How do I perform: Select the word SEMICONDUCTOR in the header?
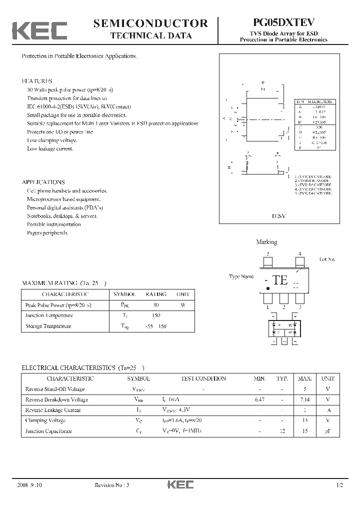tap(150, 23)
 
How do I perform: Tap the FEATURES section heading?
tap(37, 81)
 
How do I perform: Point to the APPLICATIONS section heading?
tap(43, 182)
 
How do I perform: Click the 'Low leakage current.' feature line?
tap(50, 148)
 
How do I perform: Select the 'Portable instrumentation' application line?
tap(53, 224)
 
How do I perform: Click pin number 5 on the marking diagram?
tap(268, 254)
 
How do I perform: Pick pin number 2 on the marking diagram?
tap(283, 307)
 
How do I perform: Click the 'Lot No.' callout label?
tap(327, 259)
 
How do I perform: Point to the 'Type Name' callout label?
tap(241, 276)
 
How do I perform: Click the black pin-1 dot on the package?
tap(268, 288)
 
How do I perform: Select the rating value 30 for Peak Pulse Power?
tap(155, 304)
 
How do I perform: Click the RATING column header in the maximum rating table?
tap(155, 294)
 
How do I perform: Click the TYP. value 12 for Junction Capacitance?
tap(282, 431)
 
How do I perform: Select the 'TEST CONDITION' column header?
tap(201, 378)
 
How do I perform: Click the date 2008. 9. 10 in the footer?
tap(29, 485)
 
